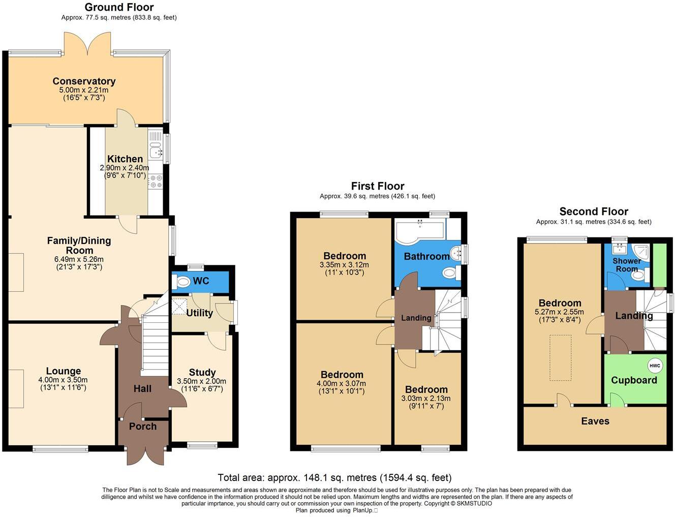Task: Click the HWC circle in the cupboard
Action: (x=655, y=366)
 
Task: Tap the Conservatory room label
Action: (x=84, y=81)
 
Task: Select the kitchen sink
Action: (x=155, y=151)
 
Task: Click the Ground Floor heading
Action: (x=119, y=7)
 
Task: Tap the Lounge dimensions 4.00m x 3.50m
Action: (x=63, y=380)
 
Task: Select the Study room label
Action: (x=202, y=372)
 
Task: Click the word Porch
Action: (x=142, y=426)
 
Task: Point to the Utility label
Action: (x=199, y=313)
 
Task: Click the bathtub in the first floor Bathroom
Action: (x=420, y=230)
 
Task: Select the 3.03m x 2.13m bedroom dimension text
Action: (x=426, y=399)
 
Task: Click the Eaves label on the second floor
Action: (x=595, y=421)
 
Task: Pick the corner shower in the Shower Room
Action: (x=642, y=252)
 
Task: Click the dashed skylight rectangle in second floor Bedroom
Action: (x=560, y=357)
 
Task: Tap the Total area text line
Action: (x=334, y=477)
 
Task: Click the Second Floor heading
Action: (x=594, y=211)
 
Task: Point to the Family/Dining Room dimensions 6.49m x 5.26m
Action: (x=79, y=259)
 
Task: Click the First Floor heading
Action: (x=378, y=186)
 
